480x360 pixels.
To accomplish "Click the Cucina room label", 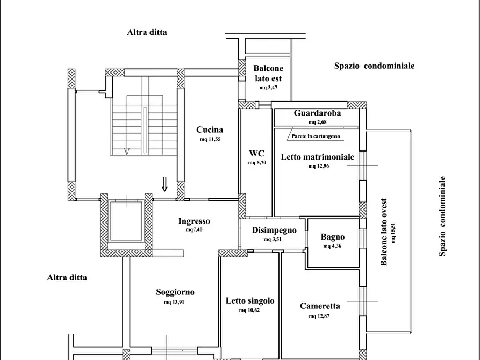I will tap(210, 129).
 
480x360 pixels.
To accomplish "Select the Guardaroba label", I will tap(317, 113).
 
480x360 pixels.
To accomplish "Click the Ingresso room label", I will tap(194, 221).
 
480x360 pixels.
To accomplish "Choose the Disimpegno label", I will tap(274, 230).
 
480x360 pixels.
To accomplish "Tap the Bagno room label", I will tap(333, 237).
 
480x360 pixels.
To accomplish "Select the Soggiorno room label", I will tap(175, 292).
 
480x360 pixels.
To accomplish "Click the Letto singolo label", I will tap(250, 301).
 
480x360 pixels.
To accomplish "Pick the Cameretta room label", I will tap(320, 306).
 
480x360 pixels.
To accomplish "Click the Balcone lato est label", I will tap(268, 73).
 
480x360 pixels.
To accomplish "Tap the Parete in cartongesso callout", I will tap(316, 136).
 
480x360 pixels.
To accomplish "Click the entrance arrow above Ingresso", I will tap(165, 185).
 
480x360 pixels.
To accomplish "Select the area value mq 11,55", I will tap(210, 139).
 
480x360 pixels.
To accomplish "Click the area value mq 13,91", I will tap(175, 302).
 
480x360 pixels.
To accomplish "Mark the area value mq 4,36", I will tap(333, 246).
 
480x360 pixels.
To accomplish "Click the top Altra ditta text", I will tap(147, 32).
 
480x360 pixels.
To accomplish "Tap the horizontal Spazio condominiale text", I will tap(374, 66).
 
